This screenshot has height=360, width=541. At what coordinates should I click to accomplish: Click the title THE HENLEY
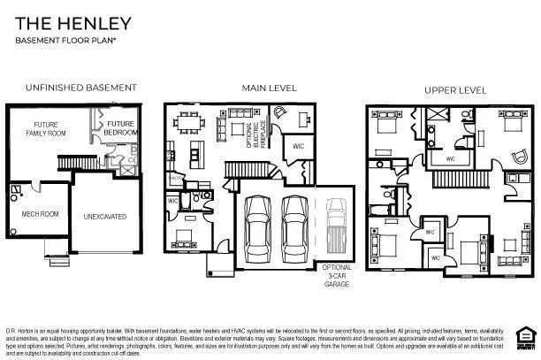pos(73,22)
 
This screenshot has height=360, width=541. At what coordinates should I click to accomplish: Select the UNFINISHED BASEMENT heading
pos(80,88)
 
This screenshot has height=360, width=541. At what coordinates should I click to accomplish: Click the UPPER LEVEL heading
pos(454,90)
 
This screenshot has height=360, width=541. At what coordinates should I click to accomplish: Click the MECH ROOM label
pos(39,214)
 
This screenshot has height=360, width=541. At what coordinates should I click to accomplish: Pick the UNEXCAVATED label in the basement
pos(105,216)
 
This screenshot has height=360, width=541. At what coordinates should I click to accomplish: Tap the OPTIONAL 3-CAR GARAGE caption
pos(336,275)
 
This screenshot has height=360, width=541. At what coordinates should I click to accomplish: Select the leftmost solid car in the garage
pos(257,221)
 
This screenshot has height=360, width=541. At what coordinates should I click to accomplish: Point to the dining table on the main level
pos(187,122)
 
